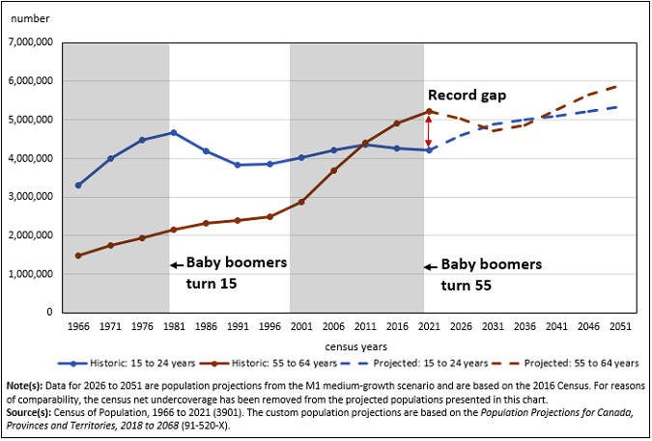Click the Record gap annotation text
point(468,96)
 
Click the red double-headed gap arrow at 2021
point(429,130)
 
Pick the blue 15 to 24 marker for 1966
point(77,185)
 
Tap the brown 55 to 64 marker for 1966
point(77,256)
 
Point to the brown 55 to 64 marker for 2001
point(300,202)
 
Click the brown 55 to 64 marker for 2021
point(429,111)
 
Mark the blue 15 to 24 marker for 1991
point(237,165)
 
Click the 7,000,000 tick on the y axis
point(32,42)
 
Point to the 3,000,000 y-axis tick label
point(32,197)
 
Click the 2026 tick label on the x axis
point(460,327)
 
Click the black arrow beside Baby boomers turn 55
point(431,266)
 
